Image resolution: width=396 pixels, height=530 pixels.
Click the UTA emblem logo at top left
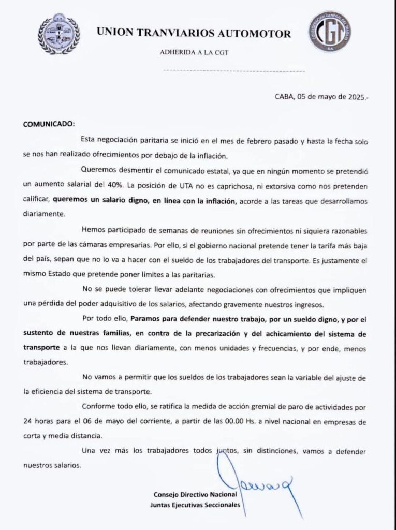(x=58, y=34)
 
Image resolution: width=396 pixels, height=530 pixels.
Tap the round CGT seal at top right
(x=329, y=32)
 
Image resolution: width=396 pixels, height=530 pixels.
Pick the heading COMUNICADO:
(x=49, y=125)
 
